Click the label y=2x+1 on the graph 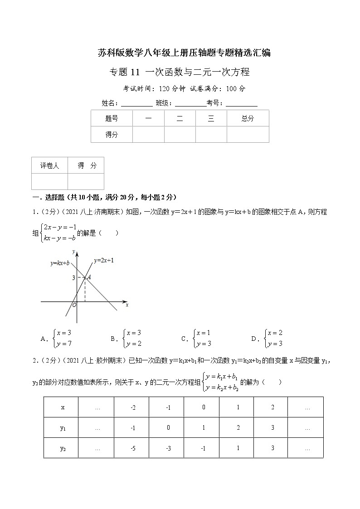coord(104,261)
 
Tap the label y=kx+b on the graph coord(60,263)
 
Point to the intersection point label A coord(89,277)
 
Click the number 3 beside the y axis coord(73,277)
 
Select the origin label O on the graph coord(74,305)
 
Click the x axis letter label coord(127,305)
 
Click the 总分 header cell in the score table coord(248,118)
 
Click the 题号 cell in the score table coord(112,118)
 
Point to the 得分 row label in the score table coord(112,135)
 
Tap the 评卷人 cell coord(49,166)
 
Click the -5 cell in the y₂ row coord(133,448)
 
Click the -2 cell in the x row coord(133,407)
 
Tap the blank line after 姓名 coord(137,104)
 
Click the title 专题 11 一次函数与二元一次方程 coord(180,73)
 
